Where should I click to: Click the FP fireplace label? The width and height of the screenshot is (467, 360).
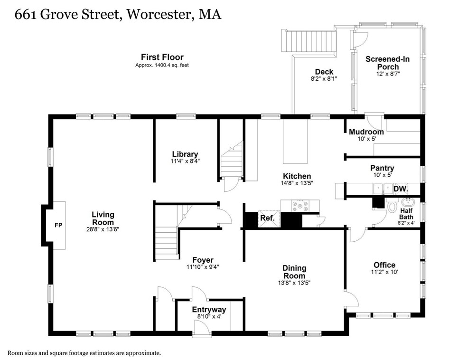click(x=57, y=225)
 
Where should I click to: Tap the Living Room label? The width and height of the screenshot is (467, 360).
click(x=103, y=218)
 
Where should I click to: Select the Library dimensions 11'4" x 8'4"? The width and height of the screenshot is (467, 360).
click(x=185, y=161)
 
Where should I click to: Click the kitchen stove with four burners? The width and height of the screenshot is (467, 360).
click(x=300, y=206)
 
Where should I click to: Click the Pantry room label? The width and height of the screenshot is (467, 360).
click(x=382, y=168)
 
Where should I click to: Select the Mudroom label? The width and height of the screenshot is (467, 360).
click(x=366, y=132)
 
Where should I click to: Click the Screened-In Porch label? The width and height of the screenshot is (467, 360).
click(x=387, y=63)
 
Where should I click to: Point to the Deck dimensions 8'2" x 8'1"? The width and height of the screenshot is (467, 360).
click(x=324, y=79)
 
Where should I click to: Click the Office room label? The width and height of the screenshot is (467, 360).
click(x=384, y=265)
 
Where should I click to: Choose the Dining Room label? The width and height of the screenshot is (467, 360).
click(x=294, y=272)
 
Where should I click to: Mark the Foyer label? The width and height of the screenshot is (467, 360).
click(x=203, y=260)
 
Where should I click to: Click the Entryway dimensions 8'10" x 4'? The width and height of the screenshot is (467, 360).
click(x=209, y=316)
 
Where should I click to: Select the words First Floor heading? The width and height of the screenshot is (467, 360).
click(x=162, y=57)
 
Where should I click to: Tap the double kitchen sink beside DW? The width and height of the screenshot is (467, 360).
click(x=383, y=189)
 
